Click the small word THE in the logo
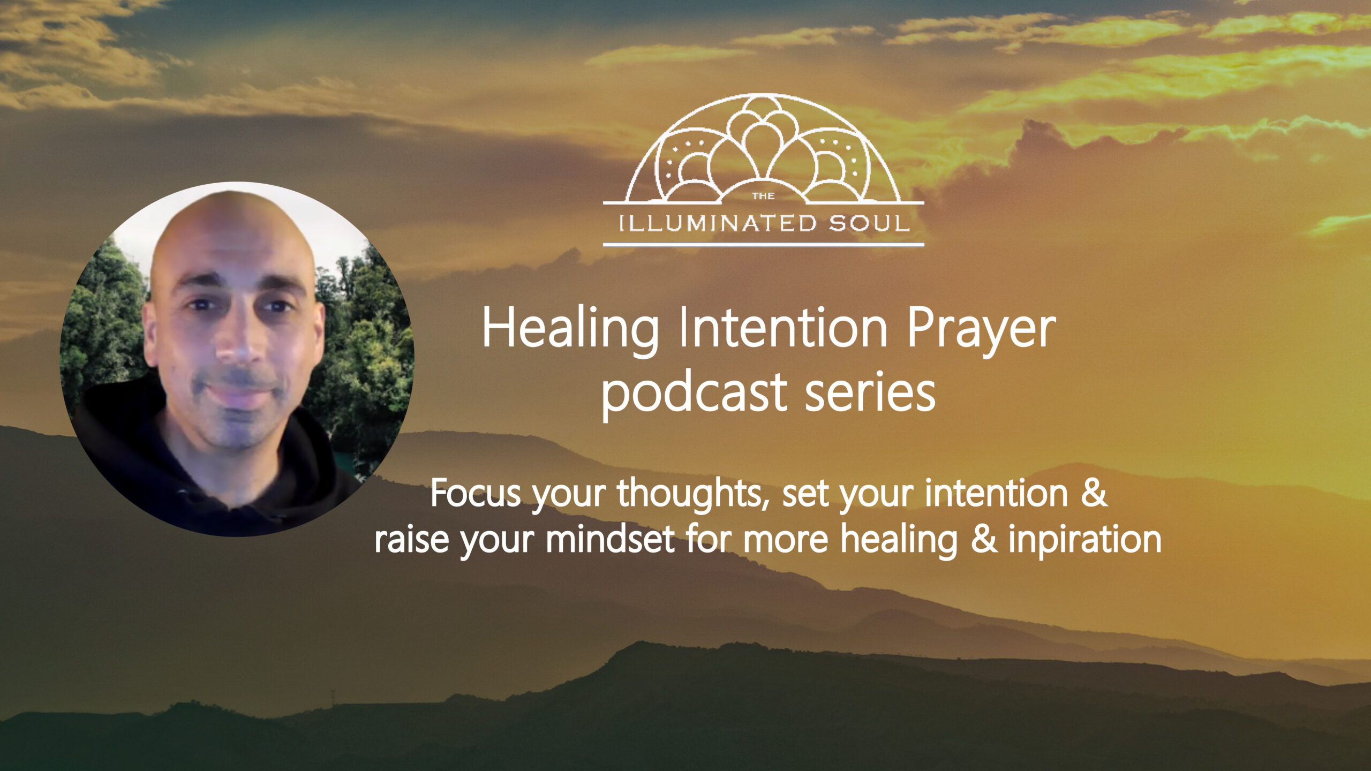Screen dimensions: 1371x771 (x=764, y=196)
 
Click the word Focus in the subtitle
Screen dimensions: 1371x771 (x=476, y=493)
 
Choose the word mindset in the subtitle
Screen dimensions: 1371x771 (x=611, y=540)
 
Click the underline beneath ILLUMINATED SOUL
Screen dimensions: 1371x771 (x=764, y=245)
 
